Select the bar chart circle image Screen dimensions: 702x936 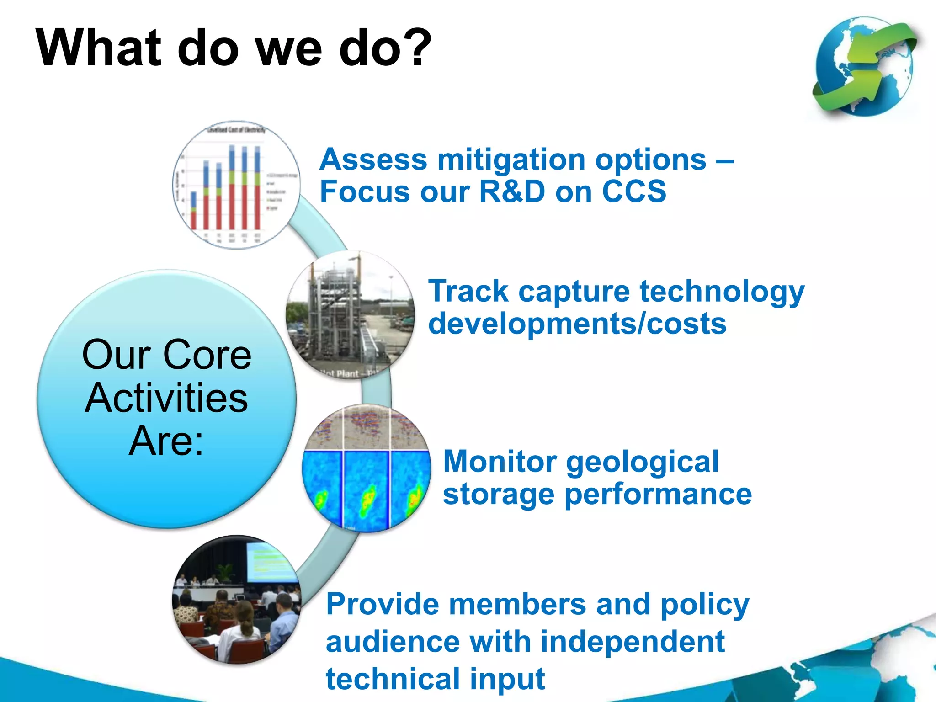pos(236,185)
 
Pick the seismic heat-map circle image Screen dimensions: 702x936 pos(367,468)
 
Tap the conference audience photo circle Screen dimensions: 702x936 pos(236,600)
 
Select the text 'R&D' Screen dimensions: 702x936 pos(512,191)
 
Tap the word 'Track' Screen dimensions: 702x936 pos(468,292)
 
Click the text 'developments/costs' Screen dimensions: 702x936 pos(577,324)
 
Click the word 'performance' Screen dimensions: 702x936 pos(658,495)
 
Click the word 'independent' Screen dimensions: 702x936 pos(633,642)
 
